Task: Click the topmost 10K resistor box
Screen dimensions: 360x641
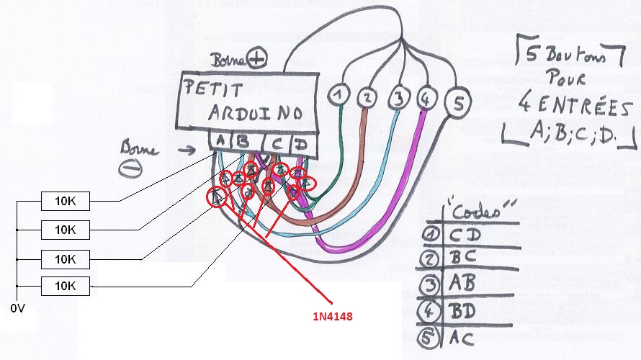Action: pos(65,201)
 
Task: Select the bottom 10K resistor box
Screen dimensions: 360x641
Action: pos(65,286)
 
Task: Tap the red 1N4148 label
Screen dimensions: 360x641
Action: pos(331,316)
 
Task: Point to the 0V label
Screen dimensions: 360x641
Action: pos(18,308)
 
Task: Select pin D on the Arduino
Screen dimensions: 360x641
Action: pos(302,144)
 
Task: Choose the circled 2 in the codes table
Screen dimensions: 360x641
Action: pos(432,260)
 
